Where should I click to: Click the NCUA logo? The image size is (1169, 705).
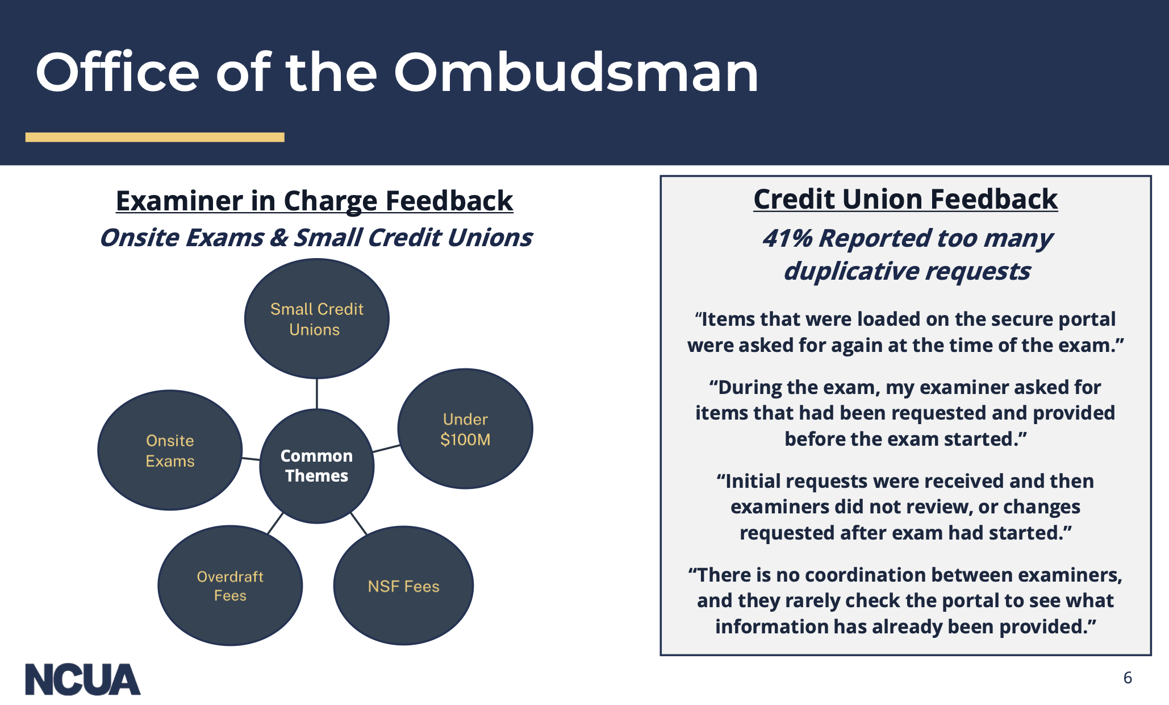coord(83,679)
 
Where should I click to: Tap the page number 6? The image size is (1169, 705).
coord(1128,678)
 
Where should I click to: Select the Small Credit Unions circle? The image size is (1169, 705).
coord(317,319)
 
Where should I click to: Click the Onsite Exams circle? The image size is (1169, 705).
coord(170,450)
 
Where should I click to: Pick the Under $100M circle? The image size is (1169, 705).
coord(465,429)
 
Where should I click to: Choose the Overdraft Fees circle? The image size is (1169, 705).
coord(230,586)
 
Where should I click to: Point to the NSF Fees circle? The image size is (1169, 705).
coord(403,586)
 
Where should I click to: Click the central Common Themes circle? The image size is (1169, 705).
coord(316,466)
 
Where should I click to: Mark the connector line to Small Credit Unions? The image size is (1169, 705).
coord(317,393)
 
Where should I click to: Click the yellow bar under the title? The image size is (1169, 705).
coord(155,137)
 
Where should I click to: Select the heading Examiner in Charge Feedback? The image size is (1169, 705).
coord(314,201)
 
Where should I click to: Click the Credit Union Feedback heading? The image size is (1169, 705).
coord(905,199)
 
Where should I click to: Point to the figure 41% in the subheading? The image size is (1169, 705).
coord(787,238)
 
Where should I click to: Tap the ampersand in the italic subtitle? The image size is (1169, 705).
coord(278,238)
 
